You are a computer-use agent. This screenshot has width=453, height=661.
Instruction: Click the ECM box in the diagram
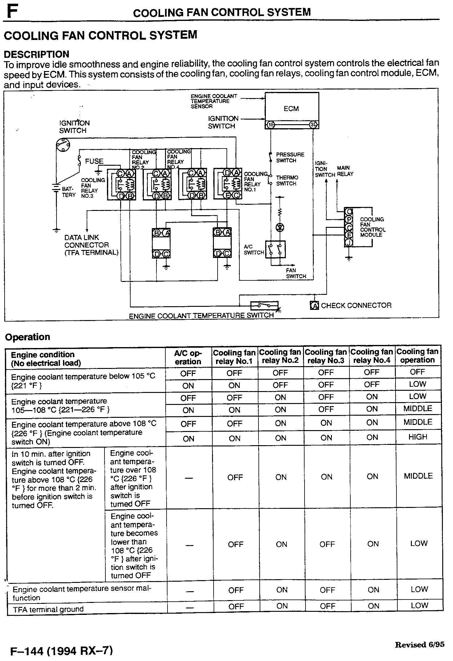[291, 108]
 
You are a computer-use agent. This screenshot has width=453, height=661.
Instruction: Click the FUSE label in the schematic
[94, 161]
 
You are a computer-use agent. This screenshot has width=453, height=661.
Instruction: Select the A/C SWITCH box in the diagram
[275, 249]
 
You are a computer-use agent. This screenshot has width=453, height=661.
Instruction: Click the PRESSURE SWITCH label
[290, 157]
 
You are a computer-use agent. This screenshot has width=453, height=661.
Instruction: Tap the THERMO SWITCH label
[287, 180]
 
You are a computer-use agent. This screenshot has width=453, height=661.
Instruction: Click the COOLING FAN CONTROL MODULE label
[372, 227]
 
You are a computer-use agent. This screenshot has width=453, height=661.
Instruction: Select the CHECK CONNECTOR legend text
[356, 306]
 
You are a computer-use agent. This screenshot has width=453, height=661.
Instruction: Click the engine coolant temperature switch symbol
[264, 306]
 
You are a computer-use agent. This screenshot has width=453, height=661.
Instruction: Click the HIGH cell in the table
[418, 437]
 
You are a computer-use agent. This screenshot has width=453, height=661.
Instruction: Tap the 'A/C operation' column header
[188, 357]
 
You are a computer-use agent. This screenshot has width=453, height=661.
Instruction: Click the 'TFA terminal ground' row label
[48, 609]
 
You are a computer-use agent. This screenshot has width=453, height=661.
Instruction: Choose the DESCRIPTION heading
[36, 54]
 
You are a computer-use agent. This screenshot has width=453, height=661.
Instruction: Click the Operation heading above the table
[28, 337]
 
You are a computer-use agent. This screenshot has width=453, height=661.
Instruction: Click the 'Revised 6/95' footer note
[420, 645]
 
